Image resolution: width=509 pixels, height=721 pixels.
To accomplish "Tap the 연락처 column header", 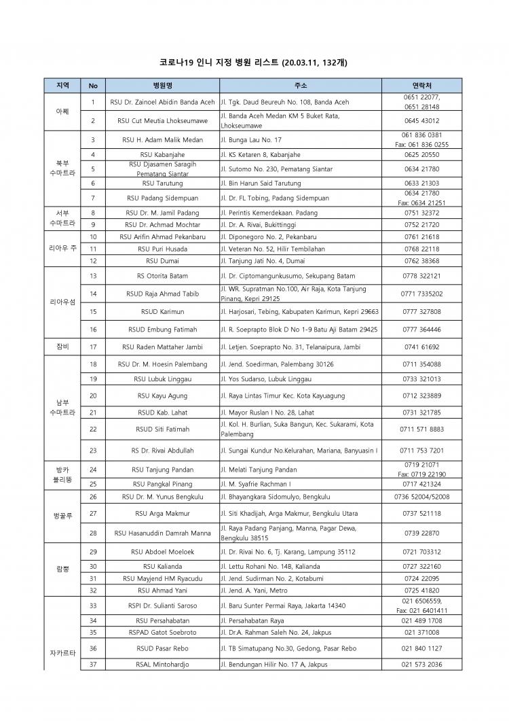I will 421,86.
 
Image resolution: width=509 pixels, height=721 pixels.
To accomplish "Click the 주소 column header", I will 300,86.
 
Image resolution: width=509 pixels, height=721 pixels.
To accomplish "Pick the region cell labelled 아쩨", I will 62,111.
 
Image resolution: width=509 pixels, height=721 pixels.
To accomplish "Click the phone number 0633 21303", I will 421,183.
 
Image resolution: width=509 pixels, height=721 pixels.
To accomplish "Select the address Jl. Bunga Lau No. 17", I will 251,140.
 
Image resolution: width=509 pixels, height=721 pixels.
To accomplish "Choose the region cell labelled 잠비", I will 62,347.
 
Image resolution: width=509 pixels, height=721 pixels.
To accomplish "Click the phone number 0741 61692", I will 421,347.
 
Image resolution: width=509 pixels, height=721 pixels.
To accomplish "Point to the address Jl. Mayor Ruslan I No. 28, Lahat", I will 267,412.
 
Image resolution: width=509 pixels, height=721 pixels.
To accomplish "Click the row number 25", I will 93,484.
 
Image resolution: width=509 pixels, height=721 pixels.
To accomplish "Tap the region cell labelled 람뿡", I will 62,569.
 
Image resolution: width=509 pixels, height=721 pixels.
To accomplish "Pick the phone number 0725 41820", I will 421,591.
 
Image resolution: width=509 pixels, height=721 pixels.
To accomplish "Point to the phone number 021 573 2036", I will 421,665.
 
